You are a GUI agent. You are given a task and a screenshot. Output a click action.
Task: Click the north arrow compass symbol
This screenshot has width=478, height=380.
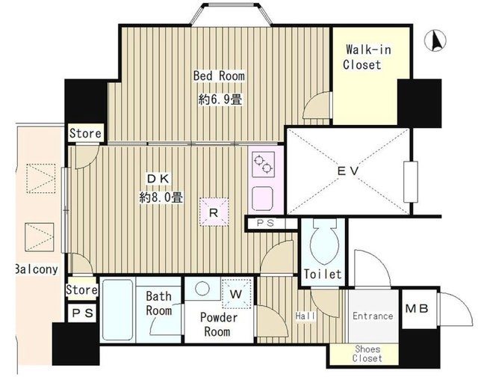point(435,40)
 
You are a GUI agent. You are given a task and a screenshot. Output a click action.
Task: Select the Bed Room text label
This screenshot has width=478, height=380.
point(219,76)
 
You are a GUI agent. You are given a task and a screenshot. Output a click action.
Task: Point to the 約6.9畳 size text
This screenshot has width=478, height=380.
point(220,99)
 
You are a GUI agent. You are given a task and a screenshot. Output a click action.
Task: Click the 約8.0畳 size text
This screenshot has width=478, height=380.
point(161,197)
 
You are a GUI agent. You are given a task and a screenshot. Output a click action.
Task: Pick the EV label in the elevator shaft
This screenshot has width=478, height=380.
point(348,171)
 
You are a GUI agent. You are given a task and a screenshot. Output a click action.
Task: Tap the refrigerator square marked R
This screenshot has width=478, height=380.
point(214,212)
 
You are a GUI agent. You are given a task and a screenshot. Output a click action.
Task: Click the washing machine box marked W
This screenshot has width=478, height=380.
point(237,294)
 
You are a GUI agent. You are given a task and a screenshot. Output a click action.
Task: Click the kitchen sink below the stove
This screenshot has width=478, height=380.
point(262,198)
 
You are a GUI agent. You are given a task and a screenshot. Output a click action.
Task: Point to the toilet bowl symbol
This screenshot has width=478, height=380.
point(324,241)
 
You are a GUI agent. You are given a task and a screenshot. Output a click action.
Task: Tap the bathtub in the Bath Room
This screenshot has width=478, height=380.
point(118,310)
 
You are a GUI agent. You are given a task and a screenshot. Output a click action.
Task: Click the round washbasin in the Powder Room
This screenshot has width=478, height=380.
point(202,289)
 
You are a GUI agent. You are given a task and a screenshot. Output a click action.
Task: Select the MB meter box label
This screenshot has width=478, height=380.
point(417,309)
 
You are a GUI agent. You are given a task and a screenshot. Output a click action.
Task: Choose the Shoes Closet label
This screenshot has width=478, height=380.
point(367,354)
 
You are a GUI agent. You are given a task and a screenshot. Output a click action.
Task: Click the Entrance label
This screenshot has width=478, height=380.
point(373,316)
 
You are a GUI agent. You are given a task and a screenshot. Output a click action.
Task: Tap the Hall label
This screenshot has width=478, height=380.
point(305,316)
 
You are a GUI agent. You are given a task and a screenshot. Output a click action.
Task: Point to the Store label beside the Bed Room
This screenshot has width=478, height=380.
point(85,133)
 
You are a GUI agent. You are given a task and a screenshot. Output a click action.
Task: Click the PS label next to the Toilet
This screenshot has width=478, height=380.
point(265,223)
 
